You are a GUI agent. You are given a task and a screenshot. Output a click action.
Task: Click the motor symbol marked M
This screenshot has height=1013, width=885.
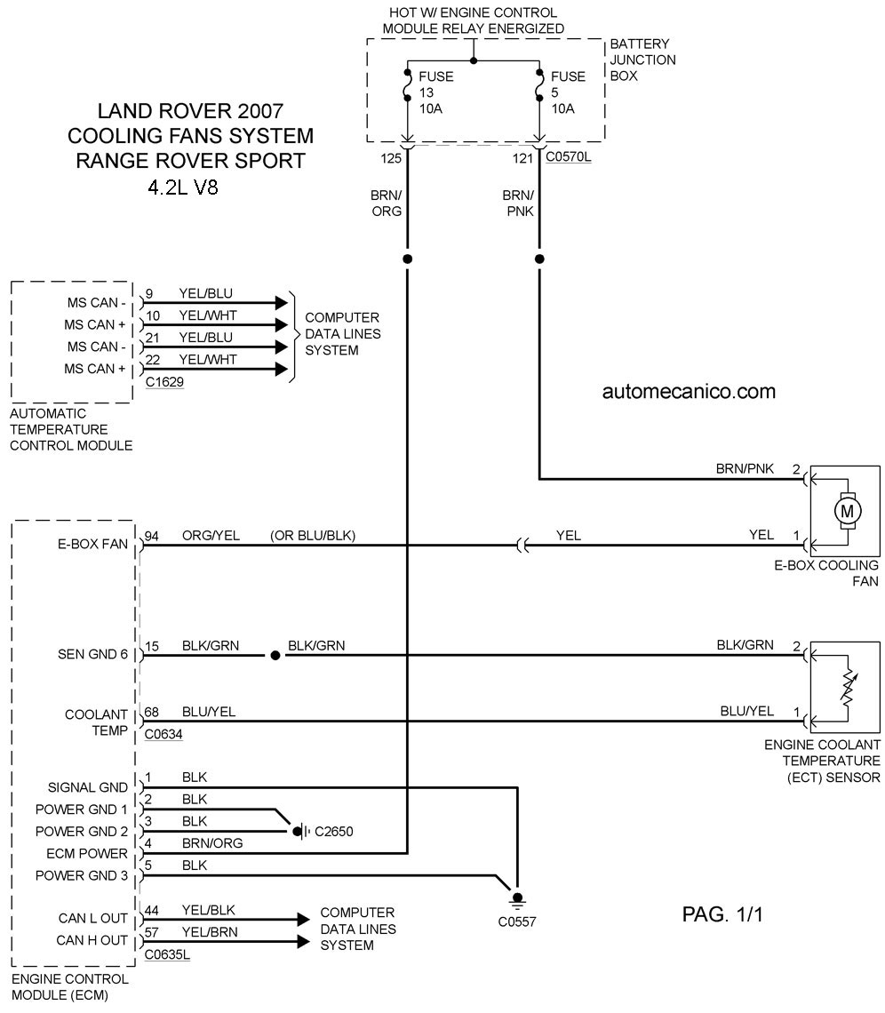pyautogui.click(x=846, y=512)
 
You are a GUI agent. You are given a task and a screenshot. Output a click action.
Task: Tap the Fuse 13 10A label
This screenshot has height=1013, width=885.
pyautogui.click(x=436, y=92)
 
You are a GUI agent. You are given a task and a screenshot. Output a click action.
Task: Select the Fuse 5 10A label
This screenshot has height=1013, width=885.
pyautogui.click(x=568, y=92)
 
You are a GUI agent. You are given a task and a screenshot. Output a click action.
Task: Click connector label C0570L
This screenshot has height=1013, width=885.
pyautogui.click(x=568, y=156)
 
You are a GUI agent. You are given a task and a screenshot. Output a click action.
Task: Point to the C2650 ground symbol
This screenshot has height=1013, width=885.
pyautogui.click(x=299, y=831)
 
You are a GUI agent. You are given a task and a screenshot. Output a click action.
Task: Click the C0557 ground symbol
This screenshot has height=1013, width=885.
pyautogui.click(x=517, y=898)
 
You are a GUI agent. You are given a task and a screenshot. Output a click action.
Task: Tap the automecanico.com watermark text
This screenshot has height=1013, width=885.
pyautogui.click(x=689, y=392)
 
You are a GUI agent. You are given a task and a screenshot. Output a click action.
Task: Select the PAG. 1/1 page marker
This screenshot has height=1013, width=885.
pyautogui.click(x=722, y=914)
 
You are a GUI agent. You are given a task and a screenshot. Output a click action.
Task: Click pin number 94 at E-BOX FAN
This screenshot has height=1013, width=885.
pyautogui.click(x=151, y=536)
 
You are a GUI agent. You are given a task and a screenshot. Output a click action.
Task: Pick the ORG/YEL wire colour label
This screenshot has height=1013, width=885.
pyautogui.click(x=211, y=536)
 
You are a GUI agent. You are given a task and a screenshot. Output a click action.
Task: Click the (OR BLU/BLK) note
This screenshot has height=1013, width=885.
pyautogui.click(x=313, y=536)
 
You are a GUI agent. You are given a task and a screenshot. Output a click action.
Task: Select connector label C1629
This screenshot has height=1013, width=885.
pyautogui.click(x=164, y=382)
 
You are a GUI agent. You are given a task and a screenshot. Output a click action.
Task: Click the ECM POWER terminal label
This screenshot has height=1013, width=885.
pyautogui.click(x=86, y=853)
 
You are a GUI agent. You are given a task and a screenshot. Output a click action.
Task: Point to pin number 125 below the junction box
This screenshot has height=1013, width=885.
pyautogui.click(x=391, y=158)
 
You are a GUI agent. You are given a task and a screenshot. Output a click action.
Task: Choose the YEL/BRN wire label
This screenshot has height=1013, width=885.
pyautogui.click(x=210, y=931)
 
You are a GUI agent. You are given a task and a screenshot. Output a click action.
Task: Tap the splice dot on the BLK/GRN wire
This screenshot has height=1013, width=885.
pyautogui.click(x=275, y=655)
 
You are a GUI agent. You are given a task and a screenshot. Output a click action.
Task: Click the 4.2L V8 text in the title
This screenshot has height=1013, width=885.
pyautogui.click(x=183, y=187)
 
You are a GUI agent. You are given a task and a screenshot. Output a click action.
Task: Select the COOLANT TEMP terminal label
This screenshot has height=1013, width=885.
pyautogui.click(x=96, y=722)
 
